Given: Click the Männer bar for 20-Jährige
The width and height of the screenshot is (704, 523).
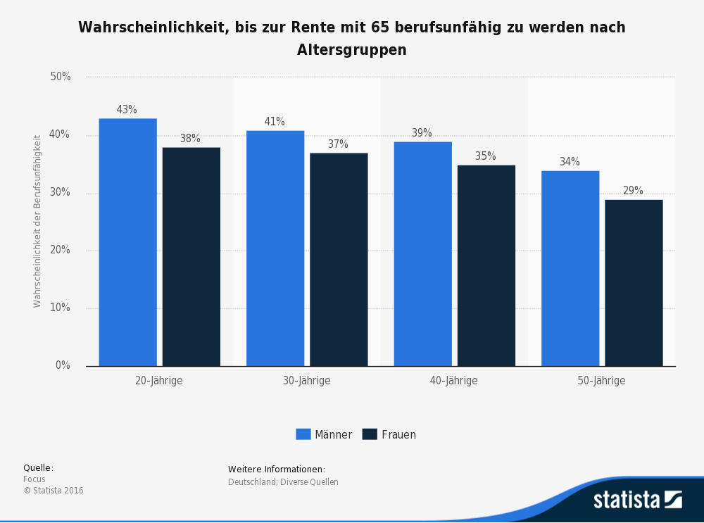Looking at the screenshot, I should (127, 242).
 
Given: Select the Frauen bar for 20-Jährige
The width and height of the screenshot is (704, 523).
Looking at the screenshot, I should (191, 256).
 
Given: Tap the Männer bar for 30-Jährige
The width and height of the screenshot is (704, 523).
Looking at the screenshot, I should (275, 248).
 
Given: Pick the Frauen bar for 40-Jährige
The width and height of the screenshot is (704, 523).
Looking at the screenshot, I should (486, 265).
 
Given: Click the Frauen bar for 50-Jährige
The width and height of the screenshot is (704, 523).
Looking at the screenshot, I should (634, 282).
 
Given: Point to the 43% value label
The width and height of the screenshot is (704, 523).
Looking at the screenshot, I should (127, 110).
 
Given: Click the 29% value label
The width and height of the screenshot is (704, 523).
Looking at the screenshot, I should (633, 191).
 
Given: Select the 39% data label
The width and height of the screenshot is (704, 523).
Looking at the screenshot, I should (422, 133).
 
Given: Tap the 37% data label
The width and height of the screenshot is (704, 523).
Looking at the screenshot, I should (338, 144).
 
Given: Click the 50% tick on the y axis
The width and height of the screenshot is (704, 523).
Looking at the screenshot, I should (61, 77).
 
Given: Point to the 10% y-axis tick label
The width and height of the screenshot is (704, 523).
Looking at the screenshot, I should (61, 308).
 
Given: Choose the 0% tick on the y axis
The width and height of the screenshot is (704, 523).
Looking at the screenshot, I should (63, 365).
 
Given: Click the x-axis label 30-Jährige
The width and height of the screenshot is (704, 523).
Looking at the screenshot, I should (306, 381).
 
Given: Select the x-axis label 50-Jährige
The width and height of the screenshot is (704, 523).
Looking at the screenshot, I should (601, 381).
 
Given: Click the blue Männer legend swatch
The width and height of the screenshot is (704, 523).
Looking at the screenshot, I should (303, 434).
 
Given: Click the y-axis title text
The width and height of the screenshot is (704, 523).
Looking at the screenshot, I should (37, 221).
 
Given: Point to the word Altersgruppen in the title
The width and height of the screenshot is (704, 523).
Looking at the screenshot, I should (351, 50).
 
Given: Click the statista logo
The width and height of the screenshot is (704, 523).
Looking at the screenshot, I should (637, 500).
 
